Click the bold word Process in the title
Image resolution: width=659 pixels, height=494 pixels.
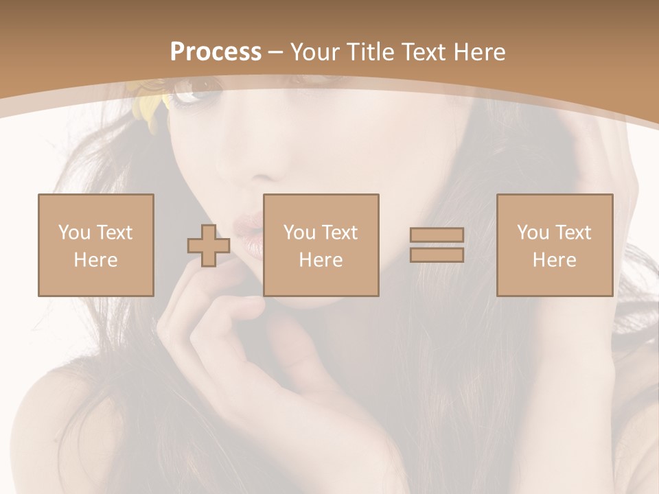[x=216, y=52]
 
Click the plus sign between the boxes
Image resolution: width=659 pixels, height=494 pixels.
[x=209, y=246]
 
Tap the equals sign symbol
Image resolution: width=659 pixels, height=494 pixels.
[x=437, y=245]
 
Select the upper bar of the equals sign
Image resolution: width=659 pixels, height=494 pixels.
[x=437, y=235]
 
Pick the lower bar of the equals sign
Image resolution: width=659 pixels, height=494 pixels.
[x=437, y=255]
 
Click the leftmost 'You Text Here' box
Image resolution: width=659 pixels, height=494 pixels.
[x=95, y=245]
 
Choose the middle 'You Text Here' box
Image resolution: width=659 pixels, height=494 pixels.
[x=321, y=245]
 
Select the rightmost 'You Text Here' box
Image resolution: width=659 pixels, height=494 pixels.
[x=554, y=245]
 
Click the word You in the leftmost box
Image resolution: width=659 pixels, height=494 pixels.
[x=73, y=233]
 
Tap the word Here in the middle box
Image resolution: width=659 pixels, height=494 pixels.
[x=321, y=260]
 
